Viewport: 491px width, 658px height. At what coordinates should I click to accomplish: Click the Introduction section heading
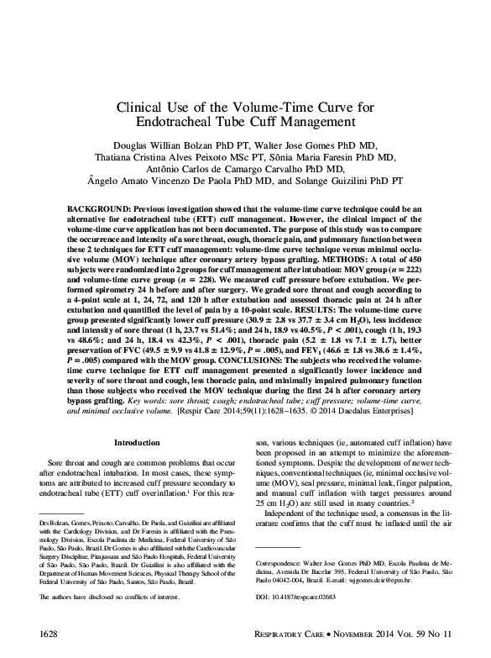[136, 441]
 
